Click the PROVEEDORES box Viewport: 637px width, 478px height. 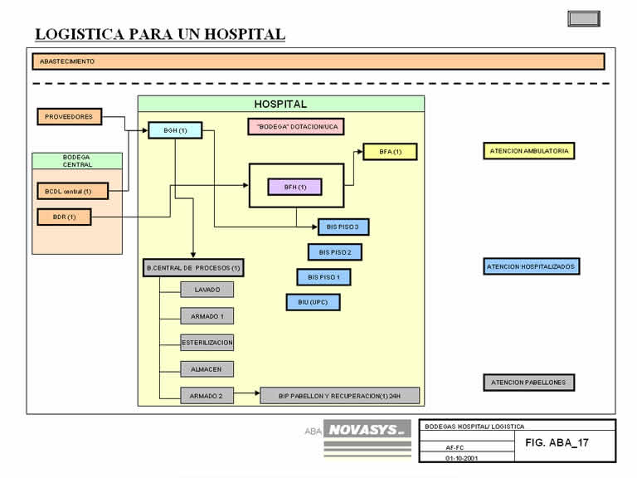tap(70, 117)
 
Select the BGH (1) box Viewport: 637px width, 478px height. tap(175, 130)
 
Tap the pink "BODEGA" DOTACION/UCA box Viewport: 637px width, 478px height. tap(296, 126)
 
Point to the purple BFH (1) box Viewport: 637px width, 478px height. tap(294, 187)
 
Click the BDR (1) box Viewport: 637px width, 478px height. tap(65, 217)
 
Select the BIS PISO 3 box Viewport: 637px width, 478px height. tap(343, 227)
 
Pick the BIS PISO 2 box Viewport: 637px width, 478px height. tap(334, 251)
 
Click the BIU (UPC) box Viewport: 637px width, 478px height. tap(313, 302)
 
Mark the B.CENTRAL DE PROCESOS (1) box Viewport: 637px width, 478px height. tap(193, 268)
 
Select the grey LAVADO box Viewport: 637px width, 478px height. tap(207, 290)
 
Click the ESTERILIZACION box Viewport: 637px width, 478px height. tap(207, 342)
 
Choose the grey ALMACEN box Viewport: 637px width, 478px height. tap(207, 368)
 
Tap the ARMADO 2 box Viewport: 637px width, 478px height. tap(207, 396)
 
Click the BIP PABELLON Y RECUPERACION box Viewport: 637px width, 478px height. tap(339, 396)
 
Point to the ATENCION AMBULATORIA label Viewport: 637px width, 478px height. tap(529, 151)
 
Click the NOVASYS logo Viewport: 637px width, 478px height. tap(367, 429)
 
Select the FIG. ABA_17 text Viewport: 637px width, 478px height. tap(557, 442)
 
